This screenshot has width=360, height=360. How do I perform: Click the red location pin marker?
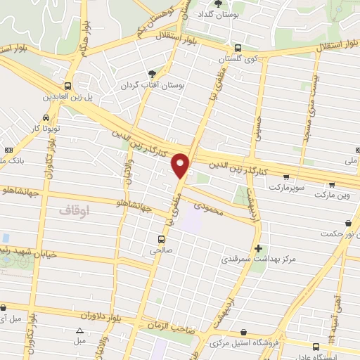pos(181,165)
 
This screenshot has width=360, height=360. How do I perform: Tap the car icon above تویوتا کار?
pos(45,117)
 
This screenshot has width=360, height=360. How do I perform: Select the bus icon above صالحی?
pos(162,238)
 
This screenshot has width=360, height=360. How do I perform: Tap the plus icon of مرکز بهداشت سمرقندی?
pos(259,247)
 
